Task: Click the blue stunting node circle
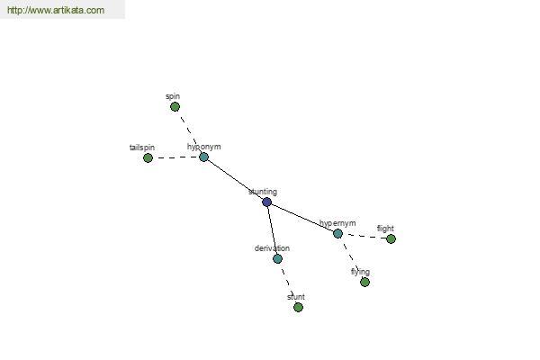click(x=267, y=202)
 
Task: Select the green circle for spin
click(x=175, y=107)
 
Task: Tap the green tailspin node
click(x=148, y=158)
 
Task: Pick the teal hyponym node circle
click(x=204, y=157)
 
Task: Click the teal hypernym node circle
click(x=337, y=234)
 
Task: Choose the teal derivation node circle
click(x=277, y=258)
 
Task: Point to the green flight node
click(x=391, y=238)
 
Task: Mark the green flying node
click(x=365, y=283)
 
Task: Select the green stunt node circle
click(x=299, y=307)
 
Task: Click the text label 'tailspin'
click(x=142, y=148)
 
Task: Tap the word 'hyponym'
click(x=204, y=147)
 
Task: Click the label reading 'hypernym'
click(x=337, y=223)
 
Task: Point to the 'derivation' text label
click(x=272, y=248)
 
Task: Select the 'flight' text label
click(x=385, y=229)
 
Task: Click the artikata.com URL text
click(x=56, y=10)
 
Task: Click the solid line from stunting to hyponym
click(x=235, y=180)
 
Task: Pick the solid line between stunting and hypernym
click(x=302, y=218)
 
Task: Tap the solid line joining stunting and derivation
click(x=272, y=230)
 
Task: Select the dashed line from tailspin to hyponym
click(x=175, y=157)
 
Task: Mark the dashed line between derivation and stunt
click(x=288, y=283)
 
